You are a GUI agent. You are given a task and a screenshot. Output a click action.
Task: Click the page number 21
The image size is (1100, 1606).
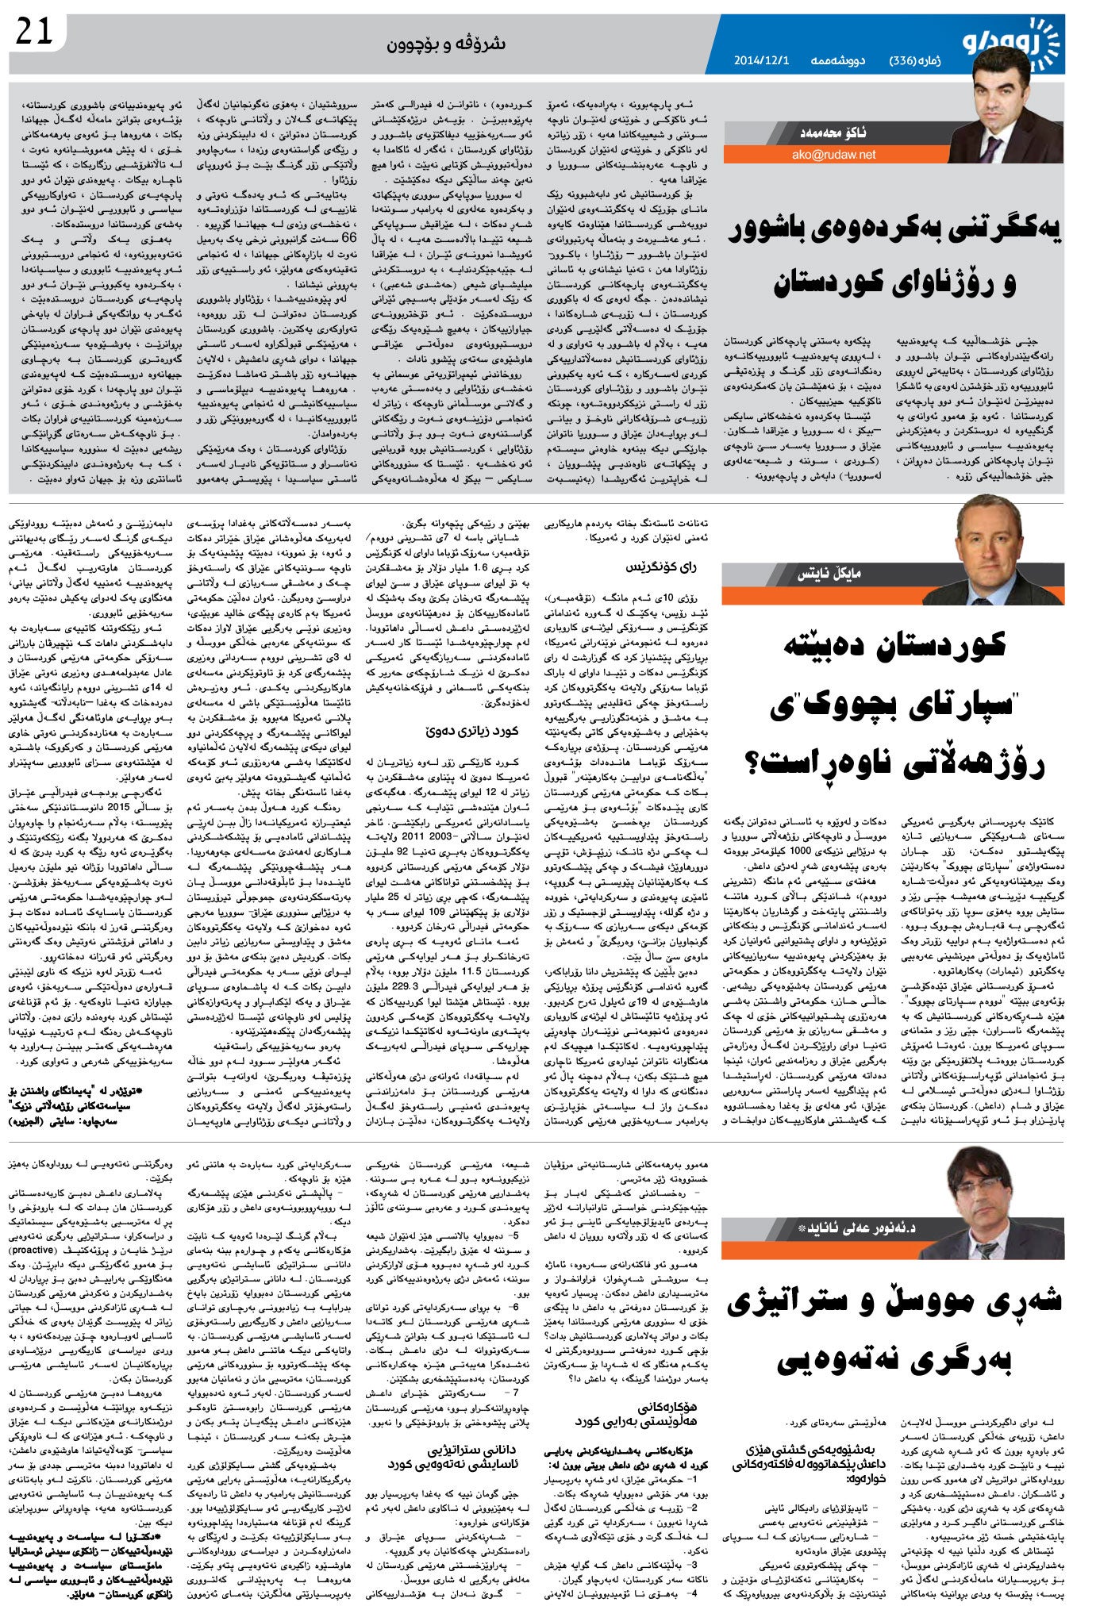point(34,32)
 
